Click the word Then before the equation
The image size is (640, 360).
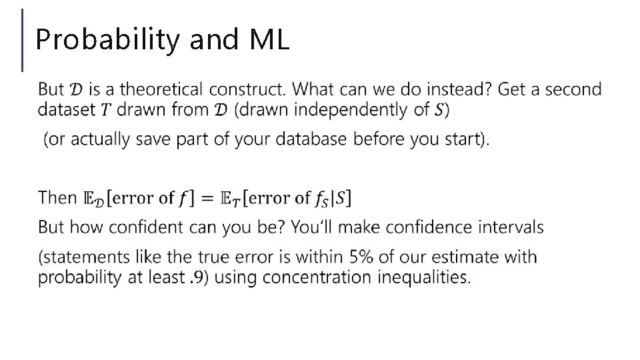pyautogui.click(x=58, y=197)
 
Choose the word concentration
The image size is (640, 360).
pyautogui.click(x=315, y=277)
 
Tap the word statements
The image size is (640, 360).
pyautogui.click(x=81, y=257)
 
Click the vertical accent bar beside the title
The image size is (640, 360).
pyautogui.click(x=23, y=40)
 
